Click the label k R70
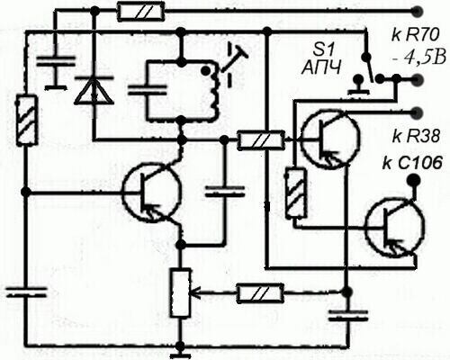point(415,36)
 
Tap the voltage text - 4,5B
point(419,58)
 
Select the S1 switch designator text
point(321,50)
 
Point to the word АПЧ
point(321,67)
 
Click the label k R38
point(416,137)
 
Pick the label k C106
point(412,163)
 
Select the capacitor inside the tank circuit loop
point(147,90)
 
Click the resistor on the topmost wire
point(140,12)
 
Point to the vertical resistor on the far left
point(27,121)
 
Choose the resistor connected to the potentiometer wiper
point(260,293)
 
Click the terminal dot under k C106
point(413,180)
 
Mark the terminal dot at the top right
point(417,12)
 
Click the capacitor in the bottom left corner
point(27,292)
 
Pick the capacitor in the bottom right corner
point(348,315)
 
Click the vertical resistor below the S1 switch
point(296,193)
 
